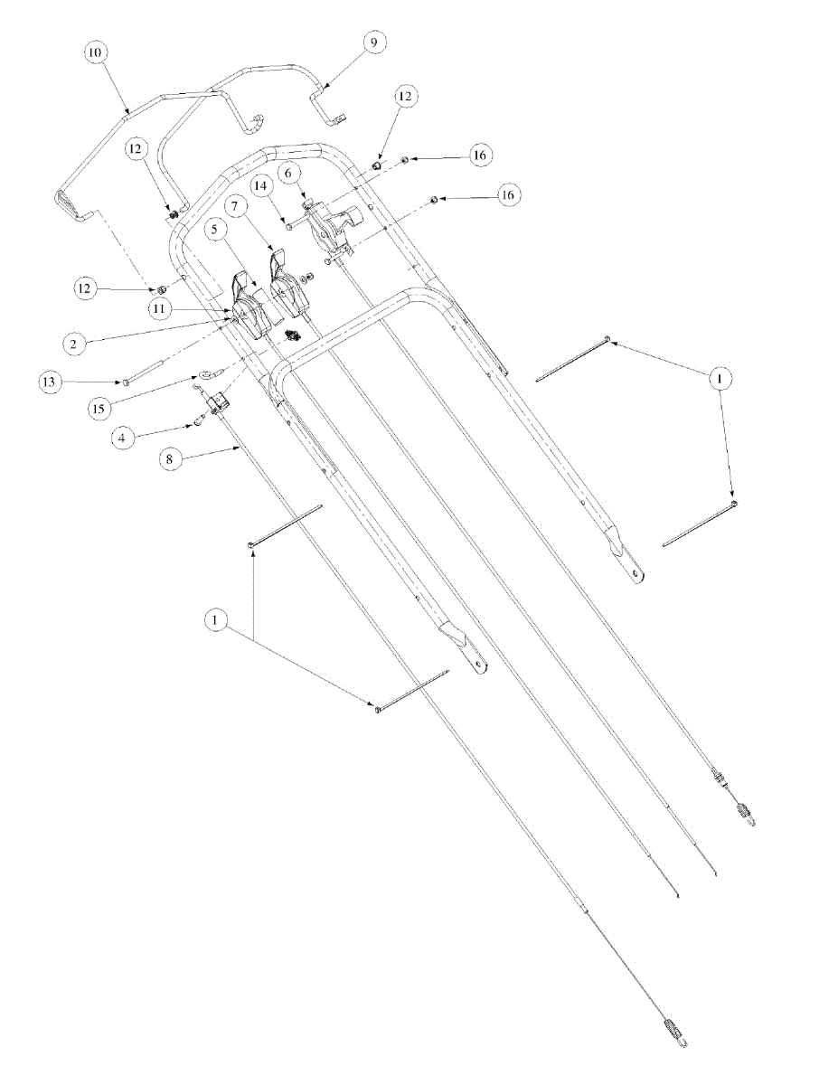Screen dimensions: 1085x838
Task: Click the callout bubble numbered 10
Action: click(x=95, y=52)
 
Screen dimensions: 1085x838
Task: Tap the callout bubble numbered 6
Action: click(x=288, y=172)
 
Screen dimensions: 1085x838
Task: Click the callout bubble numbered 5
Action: click(x=213, y=229)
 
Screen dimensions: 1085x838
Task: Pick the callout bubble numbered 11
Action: click(x=160, y=308)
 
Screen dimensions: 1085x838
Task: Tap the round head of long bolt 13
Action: click(x=126, y=383)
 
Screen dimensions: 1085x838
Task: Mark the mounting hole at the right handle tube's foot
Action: click(x=637, y=571)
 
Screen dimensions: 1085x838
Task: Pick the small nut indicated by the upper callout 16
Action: click(x=403, y=160)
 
